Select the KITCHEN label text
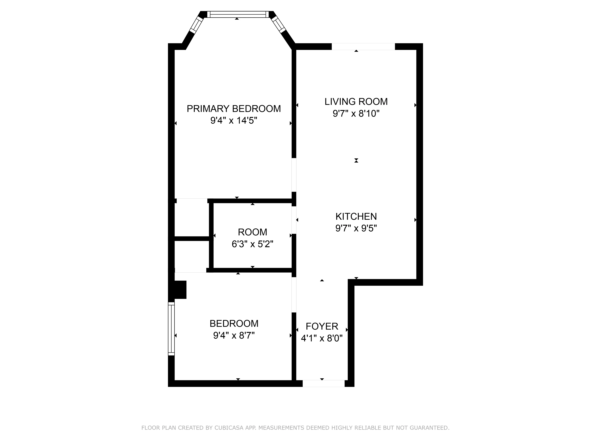pos(356,216)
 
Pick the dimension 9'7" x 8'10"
pos(356,114)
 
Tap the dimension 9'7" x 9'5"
pos(356,228)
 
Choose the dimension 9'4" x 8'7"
pos(234,335)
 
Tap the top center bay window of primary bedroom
pos(238,14)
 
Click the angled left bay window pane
pos(196,25)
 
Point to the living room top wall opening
pos(363,47)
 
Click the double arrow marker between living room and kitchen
pos(356,161)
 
